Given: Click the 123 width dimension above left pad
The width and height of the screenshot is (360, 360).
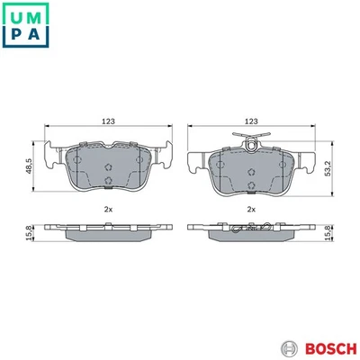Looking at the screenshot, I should (x=109, y=120).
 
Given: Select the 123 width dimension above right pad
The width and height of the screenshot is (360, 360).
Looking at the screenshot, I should (x=251, y=120).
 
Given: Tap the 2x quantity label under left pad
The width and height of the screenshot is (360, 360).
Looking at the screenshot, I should (x=108, y=209).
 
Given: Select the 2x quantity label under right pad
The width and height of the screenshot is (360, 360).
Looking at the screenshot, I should (x=251, y=209).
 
